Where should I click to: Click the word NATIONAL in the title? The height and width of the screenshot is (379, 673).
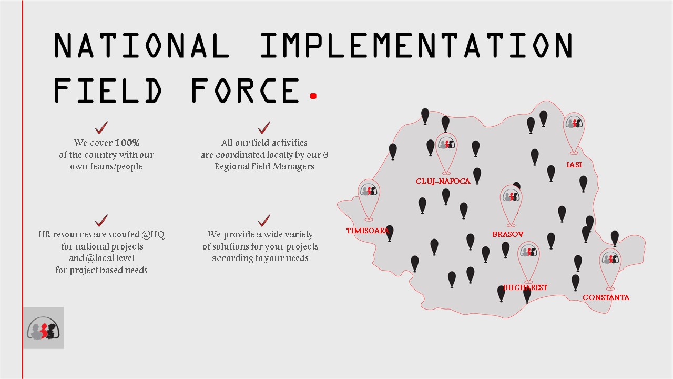(142, 45)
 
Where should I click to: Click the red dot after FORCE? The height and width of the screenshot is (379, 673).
(313, 96)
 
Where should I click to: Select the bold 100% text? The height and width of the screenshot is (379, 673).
(127, 143)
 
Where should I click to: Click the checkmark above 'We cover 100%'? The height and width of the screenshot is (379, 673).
(101, 127)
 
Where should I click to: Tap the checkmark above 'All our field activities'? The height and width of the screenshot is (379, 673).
(264, 127)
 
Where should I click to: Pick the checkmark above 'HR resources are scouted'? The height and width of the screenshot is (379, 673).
(101, 221)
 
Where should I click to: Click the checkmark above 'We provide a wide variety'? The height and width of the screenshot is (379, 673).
(264, 221)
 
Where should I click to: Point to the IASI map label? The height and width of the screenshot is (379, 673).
(574, 165)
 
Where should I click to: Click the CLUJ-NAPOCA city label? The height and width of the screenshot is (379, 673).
(443, 181)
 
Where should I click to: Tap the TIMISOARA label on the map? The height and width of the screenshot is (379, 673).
(368, 231)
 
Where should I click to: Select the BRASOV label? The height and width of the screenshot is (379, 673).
(508, 234)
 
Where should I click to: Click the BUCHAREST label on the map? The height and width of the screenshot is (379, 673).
(525, 287)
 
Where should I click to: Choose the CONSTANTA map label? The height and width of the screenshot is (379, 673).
(606, 297)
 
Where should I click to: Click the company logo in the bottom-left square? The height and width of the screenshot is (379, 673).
(43, 328)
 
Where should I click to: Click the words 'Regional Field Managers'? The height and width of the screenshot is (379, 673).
(264, 167)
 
